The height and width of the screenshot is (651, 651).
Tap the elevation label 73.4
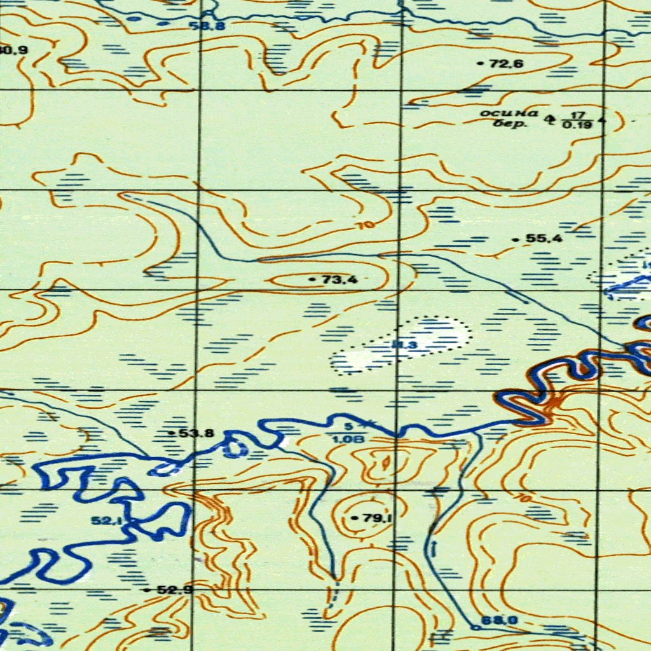point(340,279)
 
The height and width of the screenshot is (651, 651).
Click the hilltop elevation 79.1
point(377,518)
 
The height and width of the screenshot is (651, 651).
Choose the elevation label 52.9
point(175,590)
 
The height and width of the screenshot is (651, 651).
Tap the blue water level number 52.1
point(107,521)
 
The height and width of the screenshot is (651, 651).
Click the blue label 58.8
point(208,27)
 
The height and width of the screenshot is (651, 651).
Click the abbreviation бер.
point(514,123)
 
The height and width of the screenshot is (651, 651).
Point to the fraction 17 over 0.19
point(577,120)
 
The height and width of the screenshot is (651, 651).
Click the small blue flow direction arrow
point(434,547)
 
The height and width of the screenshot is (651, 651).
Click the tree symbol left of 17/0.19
point(550,117)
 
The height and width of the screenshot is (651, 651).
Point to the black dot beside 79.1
point(354,519)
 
